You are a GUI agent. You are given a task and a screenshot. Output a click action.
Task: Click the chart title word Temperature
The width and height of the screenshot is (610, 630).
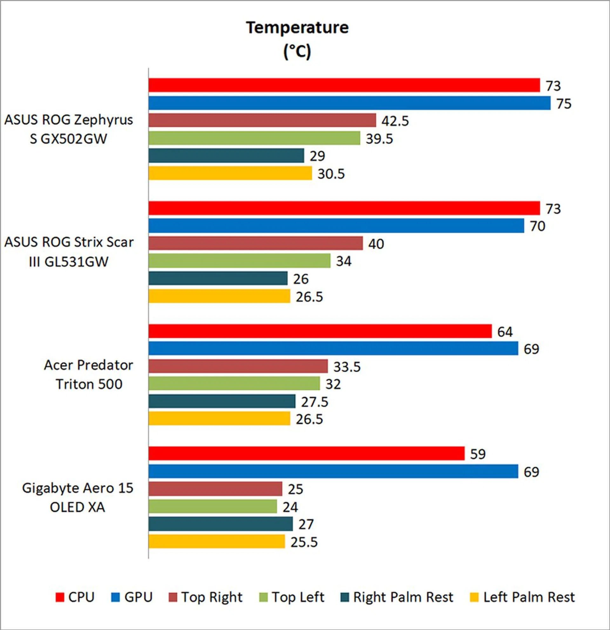(x=297, y=28)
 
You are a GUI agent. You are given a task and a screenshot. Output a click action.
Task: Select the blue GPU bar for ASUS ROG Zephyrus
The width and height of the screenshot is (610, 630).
(x=349, y=103)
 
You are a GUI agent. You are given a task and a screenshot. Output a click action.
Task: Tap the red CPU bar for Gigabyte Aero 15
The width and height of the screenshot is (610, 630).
(x=306, y=453)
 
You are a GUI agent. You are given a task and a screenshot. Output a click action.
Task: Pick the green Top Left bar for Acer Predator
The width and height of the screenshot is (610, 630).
(x=234, y=383)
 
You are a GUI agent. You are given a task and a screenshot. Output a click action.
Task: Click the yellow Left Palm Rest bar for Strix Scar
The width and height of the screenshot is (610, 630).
(x=219, y=296)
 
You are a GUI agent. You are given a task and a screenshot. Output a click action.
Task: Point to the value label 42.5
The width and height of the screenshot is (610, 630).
(x=395, y=121)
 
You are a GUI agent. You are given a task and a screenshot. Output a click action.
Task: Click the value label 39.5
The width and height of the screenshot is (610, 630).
(x=379, y=139)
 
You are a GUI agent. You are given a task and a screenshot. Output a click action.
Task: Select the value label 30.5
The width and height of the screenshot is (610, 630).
(x=331, y=174)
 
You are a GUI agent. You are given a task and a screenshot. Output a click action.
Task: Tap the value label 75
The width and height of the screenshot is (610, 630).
(x=564, y=104)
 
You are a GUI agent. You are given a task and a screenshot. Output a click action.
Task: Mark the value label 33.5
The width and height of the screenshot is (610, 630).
(x=347, y=367)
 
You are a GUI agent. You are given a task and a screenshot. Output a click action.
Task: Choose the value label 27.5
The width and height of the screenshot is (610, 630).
(x=315, y=402)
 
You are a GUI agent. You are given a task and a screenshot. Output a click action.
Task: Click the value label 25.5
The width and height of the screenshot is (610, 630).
(x=304, y=542)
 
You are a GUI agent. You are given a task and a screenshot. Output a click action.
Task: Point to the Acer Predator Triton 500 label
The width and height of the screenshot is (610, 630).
(x=89, y=374)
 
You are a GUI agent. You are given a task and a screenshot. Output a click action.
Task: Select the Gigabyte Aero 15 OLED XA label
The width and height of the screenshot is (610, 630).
(x=78, y=497)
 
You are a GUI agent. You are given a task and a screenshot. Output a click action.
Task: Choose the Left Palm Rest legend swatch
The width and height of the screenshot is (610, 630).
(x=474, y=597)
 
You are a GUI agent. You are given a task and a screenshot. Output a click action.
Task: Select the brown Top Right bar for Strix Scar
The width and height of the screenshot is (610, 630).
(x=255, y=243)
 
